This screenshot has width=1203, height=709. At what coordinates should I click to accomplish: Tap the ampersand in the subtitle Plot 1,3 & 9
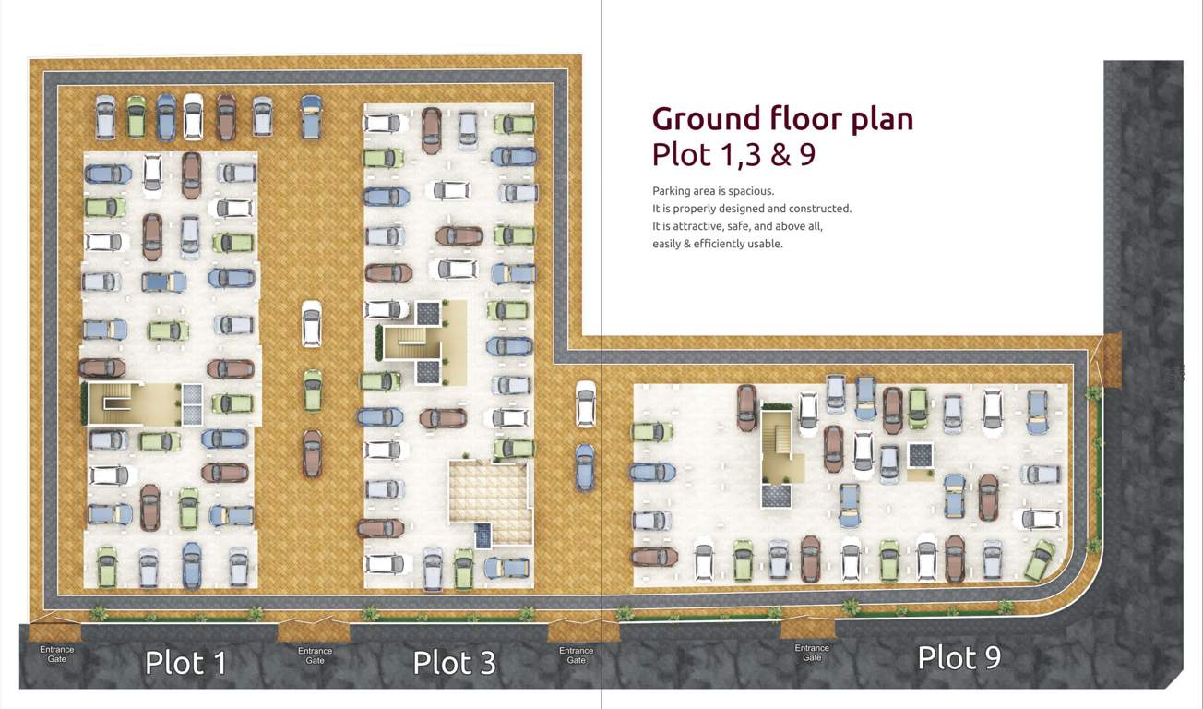(x=780, y=154)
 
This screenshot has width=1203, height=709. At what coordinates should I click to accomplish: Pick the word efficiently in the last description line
(x=721, y=244)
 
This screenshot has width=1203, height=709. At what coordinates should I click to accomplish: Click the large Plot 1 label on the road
(x=185, y=662)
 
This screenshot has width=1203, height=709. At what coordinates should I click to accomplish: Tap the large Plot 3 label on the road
(x=454, y=662)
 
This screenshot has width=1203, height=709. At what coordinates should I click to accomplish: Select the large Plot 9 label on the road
(x=959, y=657)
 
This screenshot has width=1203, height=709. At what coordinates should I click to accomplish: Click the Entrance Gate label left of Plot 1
(x=56, y=655)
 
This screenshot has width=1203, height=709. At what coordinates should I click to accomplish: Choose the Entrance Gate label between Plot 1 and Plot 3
(x=315, y=655)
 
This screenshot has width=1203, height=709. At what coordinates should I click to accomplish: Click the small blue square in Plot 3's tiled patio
(x=482, y=535)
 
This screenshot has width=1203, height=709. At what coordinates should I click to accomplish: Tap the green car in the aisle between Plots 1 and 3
(x=313, y=390)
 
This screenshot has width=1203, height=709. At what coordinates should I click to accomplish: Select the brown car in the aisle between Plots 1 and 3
(x=313, y=452)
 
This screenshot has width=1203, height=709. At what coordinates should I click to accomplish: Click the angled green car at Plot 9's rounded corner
(x=1041, y=559)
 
